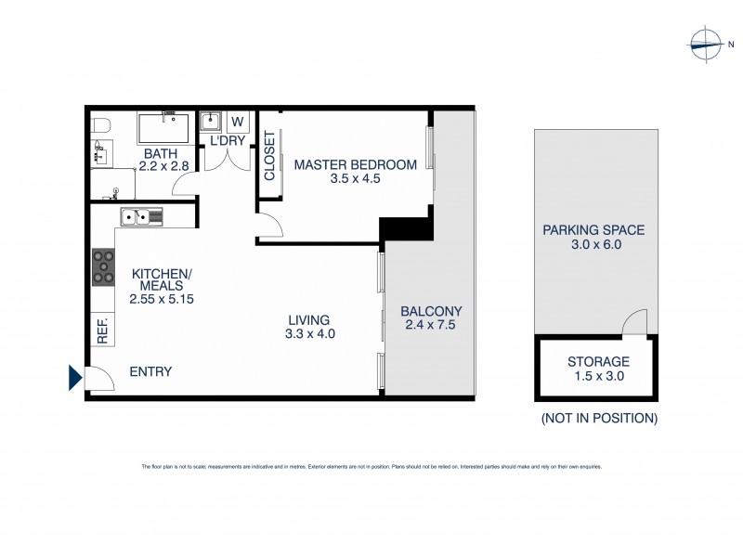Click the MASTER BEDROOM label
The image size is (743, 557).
point(355,165)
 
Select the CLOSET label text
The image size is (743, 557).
point(270,155)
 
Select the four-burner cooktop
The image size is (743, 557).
point(103,267)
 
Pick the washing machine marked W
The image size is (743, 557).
point(237,122)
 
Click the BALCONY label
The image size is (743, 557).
point(431,311)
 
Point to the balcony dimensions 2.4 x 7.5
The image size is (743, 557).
point(431,325)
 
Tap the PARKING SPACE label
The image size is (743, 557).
point(593,231)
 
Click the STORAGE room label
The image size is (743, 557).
point(598,361)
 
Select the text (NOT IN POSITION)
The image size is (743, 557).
point(599,418)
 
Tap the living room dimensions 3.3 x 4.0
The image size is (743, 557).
point(310,333)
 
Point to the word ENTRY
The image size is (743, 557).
point(150,371)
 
